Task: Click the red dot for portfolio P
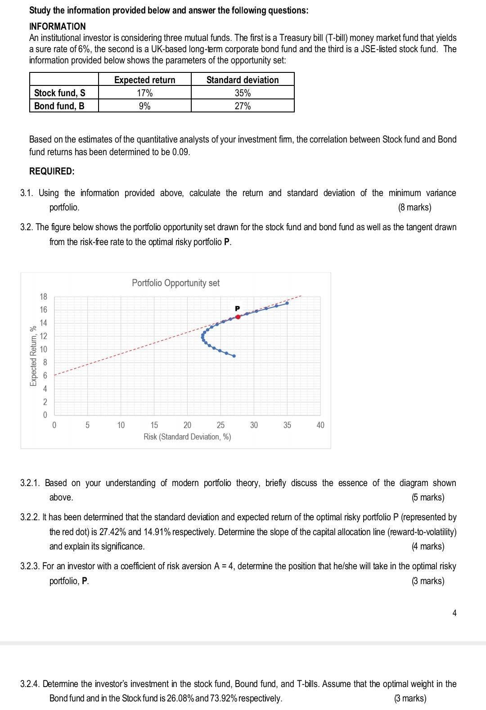pos(238,317)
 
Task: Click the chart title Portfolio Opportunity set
pos(175,283)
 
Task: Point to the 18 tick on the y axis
pos(43,297)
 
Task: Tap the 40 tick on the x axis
pos(320,425)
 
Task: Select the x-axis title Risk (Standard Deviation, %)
pos(187,437)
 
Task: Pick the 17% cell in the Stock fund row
pos(144,93)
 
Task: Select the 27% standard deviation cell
pos(243,106)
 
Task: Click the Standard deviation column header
pos(243,80)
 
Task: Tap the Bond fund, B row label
pos(59,106)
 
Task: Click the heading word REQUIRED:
pos(52,171)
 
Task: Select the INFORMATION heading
pos(57,27)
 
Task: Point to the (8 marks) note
pos(414,207)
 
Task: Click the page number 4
pos(454,613)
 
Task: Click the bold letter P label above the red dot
pos(238,308)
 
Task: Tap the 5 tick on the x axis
pos(87,425)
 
